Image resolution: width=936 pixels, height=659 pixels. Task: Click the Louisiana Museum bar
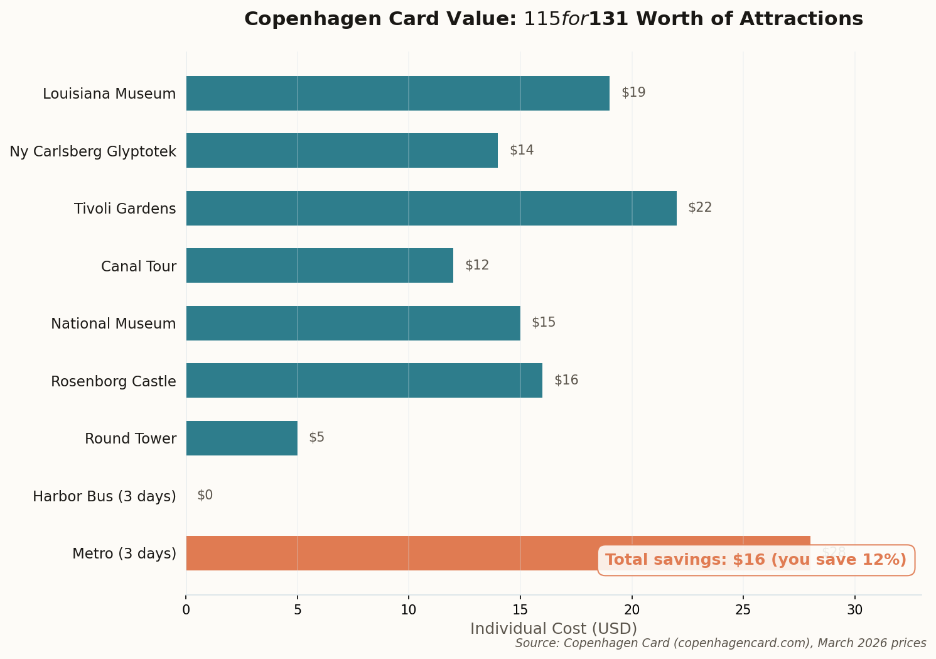click(397, 93)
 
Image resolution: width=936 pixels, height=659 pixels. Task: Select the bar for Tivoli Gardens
click(431, 208)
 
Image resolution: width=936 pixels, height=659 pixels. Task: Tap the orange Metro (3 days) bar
click(389, 553)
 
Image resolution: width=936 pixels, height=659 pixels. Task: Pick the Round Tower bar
click(242, 438)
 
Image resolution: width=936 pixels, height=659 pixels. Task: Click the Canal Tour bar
click(320, 265)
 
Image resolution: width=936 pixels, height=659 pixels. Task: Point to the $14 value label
click(522, 150)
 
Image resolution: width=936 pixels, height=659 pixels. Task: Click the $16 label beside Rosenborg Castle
click(566, 380)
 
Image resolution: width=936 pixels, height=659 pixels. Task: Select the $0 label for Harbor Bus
click(205, 495)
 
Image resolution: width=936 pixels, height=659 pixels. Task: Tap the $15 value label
click(544, 322)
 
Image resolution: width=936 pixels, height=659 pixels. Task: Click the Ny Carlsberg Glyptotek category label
click(93, 151)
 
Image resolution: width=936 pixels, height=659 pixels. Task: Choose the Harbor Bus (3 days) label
click(104, 496)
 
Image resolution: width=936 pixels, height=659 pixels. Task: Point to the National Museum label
click(114, 324)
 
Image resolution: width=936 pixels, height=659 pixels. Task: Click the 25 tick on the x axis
click(743, 609)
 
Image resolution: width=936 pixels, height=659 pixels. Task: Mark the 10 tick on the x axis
click(409, 609)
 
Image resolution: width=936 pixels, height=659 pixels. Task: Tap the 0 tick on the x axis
click(186, 609)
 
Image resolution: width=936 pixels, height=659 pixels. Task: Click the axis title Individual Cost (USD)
click(553, 629)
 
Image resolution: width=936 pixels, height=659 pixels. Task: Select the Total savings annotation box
click(756, 560)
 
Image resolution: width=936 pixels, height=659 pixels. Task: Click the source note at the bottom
click(721, 643)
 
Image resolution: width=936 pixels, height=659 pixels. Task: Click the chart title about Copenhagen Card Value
click(553, 19)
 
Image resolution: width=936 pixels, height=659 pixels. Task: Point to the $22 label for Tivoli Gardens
click(700, 207)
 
